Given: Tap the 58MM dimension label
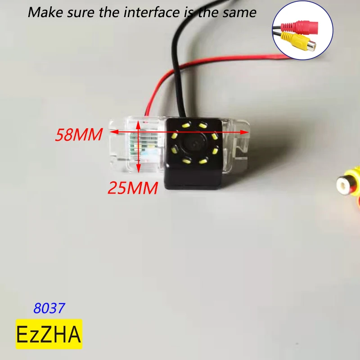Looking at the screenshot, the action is pos(78,135).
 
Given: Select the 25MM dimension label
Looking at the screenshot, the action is pos(132,187).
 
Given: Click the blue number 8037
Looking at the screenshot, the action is pos(49,308).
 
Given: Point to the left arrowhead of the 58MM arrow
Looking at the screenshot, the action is pos(112,132).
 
